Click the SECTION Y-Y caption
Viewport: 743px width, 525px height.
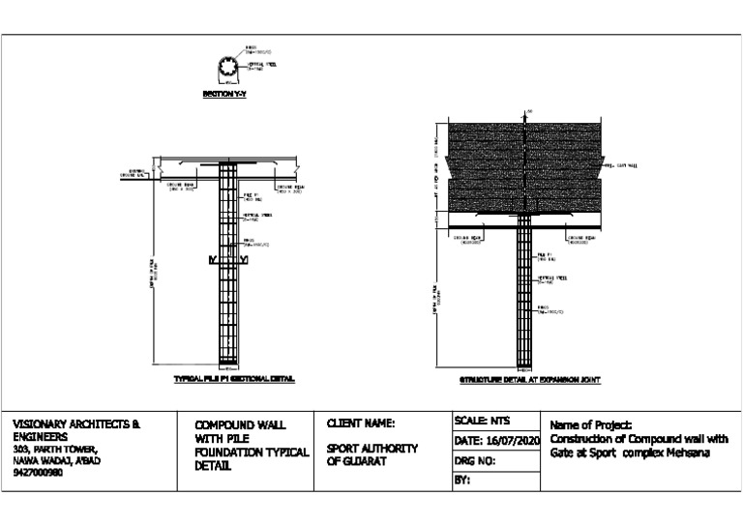[224, 95]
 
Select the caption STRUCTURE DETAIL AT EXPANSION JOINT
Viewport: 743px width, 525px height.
[530, 380]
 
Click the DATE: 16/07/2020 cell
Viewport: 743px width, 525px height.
[493, 441]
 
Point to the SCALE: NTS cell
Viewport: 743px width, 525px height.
[482, 422]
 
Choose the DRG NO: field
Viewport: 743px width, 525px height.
[475, 461]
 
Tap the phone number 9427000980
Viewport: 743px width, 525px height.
[38, 473]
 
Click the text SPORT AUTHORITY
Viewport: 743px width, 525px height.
[372, 449]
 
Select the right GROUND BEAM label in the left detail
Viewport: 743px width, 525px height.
[291, 187]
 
